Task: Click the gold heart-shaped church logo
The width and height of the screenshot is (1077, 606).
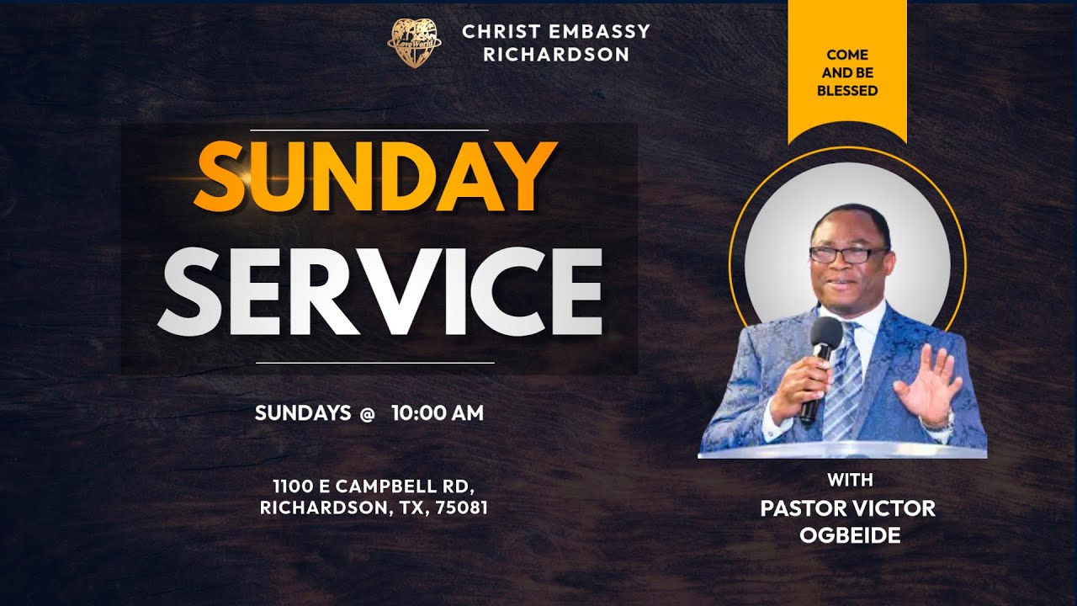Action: pos(414,43)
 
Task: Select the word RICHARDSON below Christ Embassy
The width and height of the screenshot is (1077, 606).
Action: pos(556,55)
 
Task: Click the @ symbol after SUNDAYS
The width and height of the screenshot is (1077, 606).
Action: pos(367,413)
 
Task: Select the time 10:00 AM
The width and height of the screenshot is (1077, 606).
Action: pos(438,413)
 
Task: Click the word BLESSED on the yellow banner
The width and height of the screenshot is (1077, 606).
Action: pos(847,90)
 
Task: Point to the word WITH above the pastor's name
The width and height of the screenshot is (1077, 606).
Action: pos(850,481)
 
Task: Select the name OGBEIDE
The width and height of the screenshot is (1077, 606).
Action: pos(850,535)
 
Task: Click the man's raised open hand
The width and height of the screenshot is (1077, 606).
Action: pos(927,383)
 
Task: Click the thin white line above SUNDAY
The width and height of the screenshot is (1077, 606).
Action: pos(393,130)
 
